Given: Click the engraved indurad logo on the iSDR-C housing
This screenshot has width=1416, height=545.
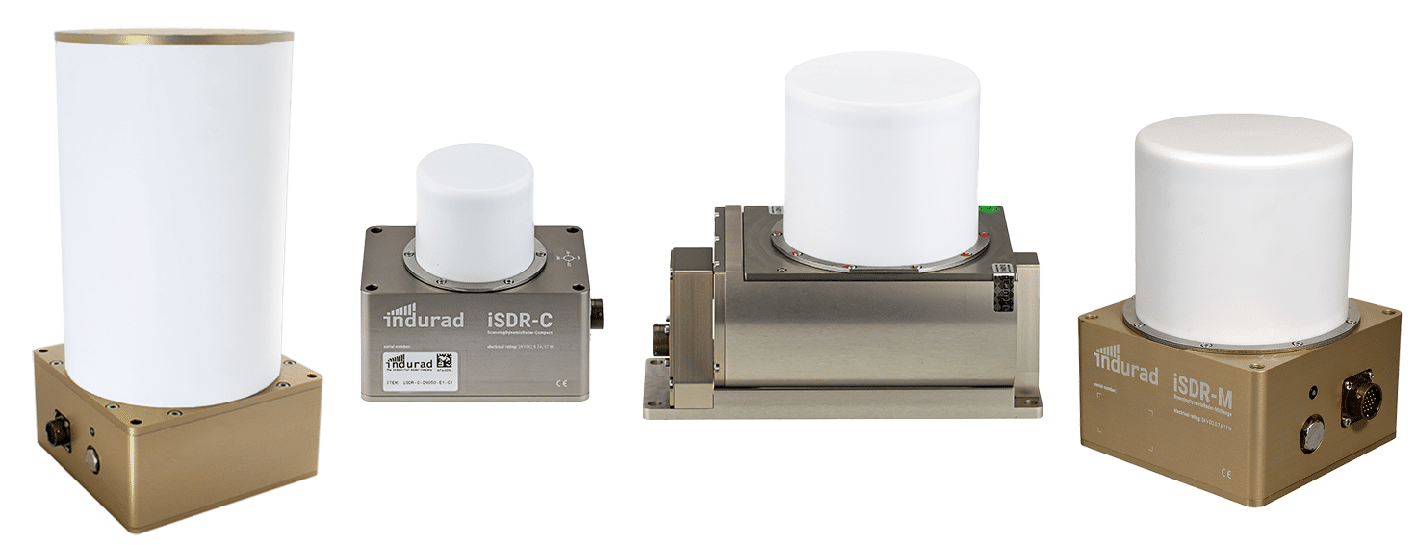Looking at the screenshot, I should coord(424,316).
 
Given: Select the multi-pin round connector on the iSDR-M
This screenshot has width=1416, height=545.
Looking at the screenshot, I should coord(1360,397).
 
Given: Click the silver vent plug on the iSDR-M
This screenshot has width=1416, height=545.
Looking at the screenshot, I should coord(1310,434).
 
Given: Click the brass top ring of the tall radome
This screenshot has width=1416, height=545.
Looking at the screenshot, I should coord(174,37).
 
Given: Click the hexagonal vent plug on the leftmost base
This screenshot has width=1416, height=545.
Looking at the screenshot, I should coord(92,458).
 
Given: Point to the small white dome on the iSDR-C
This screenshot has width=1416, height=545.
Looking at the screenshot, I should coord(475,212).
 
